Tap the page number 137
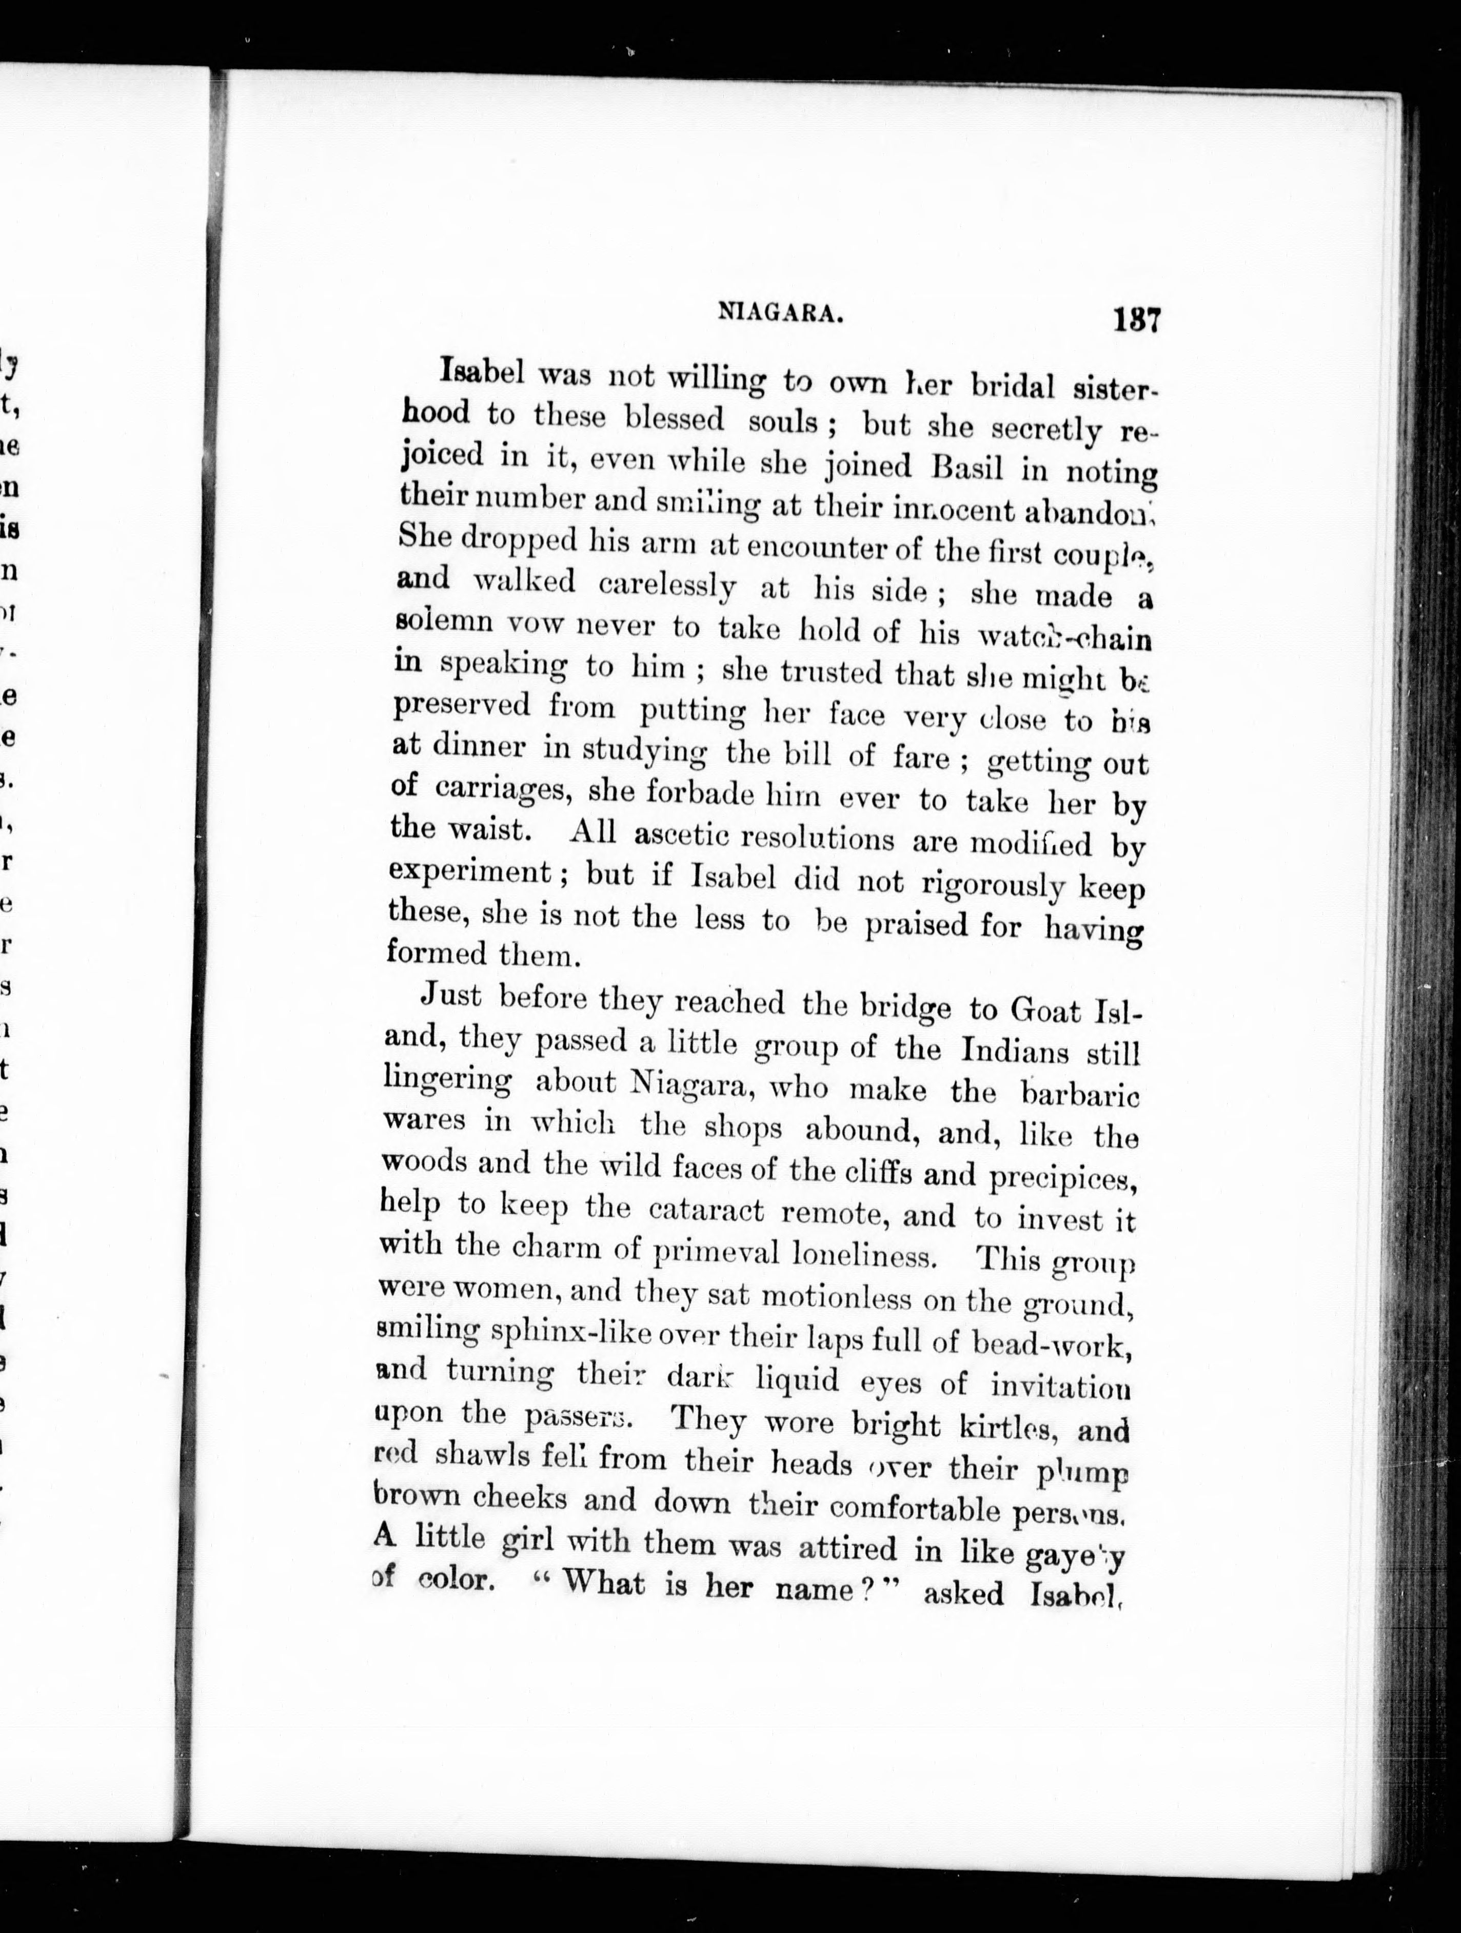(1135, 320)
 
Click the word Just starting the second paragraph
(452, 995)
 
